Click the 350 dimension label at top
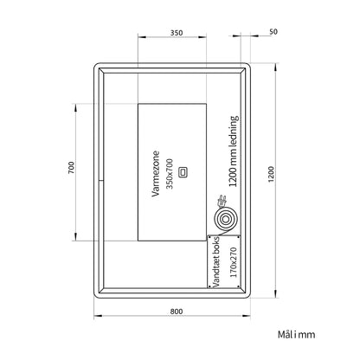[177, 33]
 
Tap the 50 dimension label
[273, 32]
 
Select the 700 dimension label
[71, 168]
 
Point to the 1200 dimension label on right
[271, 174]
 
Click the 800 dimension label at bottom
[177, 312]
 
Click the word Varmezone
[156, 174]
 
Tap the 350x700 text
[170, 174]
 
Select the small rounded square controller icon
[183, 172]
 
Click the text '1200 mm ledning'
[234, 151]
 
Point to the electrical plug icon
[222, 201]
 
